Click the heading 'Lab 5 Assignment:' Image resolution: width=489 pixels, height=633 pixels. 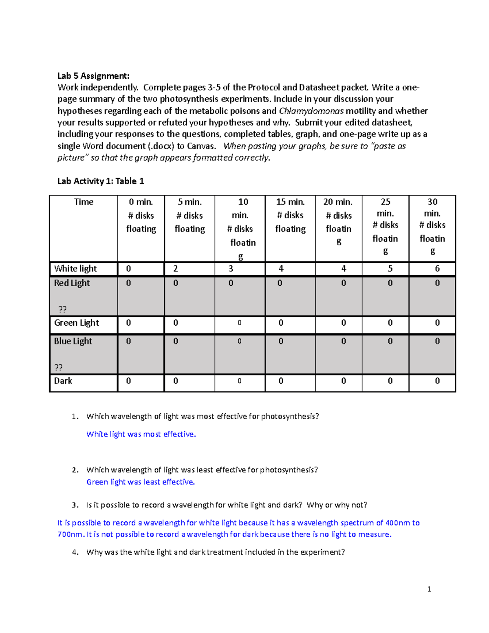coord(93,76)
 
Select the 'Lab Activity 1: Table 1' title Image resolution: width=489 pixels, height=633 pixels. coord(101,181)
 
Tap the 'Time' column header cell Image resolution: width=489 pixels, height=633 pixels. coord(84,202)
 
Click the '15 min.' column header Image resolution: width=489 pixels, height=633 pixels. coord(290,202)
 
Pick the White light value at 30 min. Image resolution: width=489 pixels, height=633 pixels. coord(437,269)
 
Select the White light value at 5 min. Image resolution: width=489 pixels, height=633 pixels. coord(176,269)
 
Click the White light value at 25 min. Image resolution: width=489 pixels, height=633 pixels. coord(390,269)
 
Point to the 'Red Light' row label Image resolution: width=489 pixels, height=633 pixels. coord(72,283)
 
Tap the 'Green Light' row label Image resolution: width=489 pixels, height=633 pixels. coord(77,323)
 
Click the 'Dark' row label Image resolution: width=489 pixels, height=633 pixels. coord(63,381)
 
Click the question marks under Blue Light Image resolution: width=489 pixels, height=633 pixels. coord(58,368)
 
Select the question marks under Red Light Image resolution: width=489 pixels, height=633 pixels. coord(62,309)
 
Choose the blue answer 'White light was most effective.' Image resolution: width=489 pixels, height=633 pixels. coord(141,434)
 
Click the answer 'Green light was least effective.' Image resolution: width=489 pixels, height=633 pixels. coord(141,482)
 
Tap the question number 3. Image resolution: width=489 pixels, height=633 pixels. coord(75,505)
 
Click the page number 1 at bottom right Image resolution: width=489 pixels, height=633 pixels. coord(429,589)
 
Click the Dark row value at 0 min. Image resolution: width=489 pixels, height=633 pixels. coord(128,381)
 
